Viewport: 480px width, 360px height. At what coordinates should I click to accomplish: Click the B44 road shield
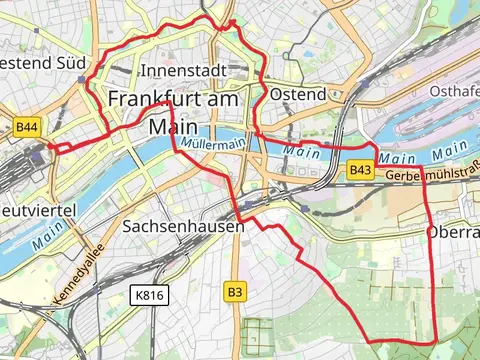[27, 127]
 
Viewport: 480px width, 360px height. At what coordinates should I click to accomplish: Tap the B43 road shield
[361, 171]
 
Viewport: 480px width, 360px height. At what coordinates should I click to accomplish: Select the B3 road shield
[234, 292]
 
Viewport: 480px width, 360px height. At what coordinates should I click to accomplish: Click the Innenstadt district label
[183, 71]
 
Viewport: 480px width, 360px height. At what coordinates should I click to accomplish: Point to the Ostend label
[298, 94]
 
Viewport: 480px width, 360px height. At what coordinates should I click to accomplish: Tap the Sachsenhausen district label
[182, 227]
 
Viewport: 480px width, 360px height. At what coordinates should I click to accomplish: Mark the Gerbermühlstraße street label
[432, 176]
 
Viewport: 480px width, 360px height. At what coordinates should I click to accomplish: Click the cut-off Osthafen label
[455, 91]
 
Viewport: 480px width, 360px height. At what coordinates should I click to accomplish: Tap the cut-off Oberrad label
[453, 232]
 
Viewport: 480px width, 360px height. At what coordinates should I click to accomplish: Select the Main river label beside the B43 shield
[397, 158]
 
